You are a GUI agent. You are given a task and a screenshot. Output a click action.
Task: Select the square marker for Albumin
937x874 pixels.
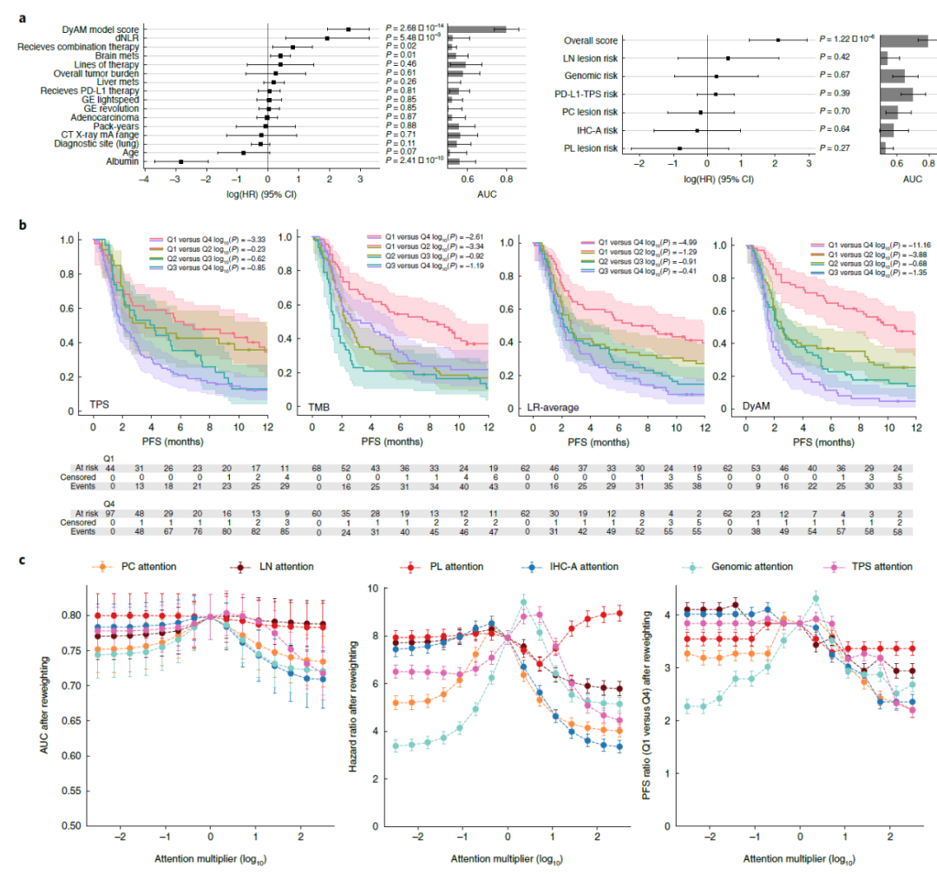coord(180,161)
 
